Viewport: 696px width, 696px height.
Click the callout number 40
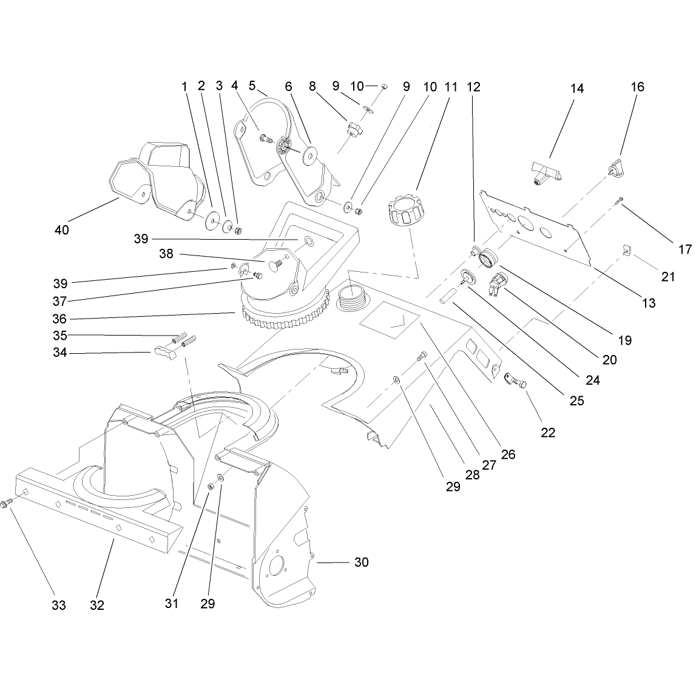(62, 230)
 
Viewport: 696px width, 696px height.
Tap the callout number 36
(59, 319)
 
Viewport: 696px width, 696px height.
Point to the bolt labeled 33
(6, 504)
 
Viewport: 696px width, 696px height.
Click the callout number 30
(361, 563)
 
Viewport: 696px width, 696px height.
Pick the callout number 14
(576, 89)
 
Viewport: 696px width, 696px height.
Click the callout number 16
(637, 87)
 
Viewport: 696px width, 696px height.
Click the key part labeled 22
(515, 380)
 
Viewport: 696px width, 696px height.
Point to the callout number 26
(508, 454)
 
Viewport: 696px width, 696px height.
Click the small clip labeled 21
(626, 252)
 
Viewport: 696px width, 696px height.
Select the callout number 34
(60, 353)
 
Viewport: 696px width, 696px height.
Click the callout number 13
(649, 303)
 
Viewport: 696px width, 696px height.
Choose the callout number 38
(166, 254)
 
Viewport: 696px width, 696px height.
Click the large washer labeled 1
(212, 221)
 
